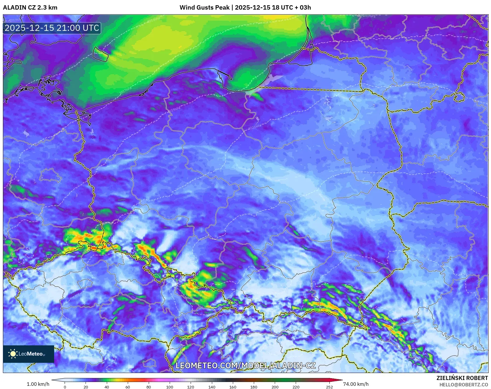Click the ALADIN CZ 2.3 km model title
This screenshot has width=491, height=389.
[x=30, y=8]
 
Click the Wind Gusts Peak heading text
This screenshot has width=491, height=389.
[x=245, y=8]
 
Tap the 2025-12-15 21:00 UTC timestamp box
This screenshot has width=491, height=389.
[x=52, y=28]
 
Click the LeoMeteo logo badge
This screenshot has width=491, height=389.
[x=29, y=354]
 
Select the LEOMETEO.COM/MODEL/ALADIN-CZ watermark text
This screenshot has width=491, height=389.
[x=245, y=365]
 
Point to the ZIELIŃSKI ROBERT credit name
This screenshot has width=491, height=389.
[x=462, y=378]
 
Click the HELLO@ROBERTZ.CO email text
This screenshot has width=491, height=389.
[x=463, y=385]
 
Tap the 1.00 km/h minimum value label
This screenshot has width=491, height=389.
[x=38, y=384]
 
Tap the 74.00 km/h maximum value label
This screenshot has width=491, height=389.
[x=356, y=384]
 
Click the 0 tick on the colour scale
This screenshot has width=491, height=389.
[x=65, y=387]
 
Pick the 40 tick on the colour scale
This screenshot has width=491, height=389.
[x=107, y=387]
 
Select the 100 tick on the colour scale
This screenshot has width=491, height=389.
[x=170, y=387]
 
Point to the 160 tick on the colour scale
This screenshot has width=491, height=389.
[x=233, y=387]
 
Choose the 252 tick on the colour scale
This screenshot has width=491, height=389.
[x=329, y=387]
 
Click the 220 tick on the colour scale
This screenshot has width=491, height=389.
[x=296, y=387]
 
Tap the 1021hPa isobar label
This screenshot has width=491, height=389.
[x=254, y=127]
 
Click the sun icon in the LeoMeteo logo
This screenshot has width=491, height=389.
[x=13, y=354]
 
